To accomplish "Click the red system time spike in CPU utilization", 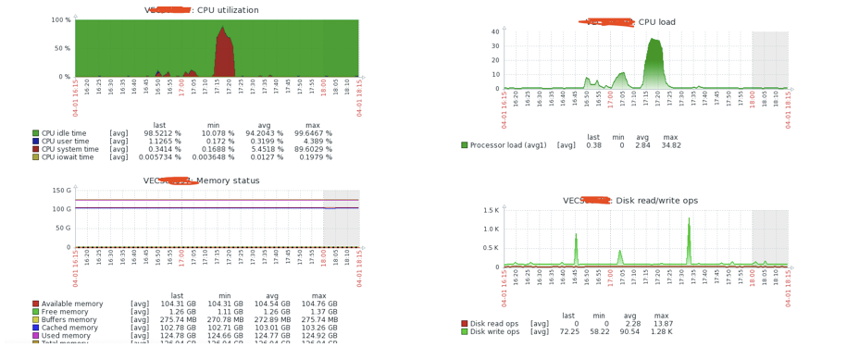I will [x=224, y=56].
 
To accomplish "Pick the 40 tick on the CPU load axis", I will [x=494, y=31].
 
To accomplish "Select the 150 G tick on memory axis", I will [x=61, y=191].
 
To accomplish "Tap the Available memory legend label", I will [x=77, y=304].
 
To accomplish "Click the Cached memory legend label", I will [x=73, y=328].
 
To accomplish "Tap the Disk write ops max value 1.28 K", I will [x=661, y=331].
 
